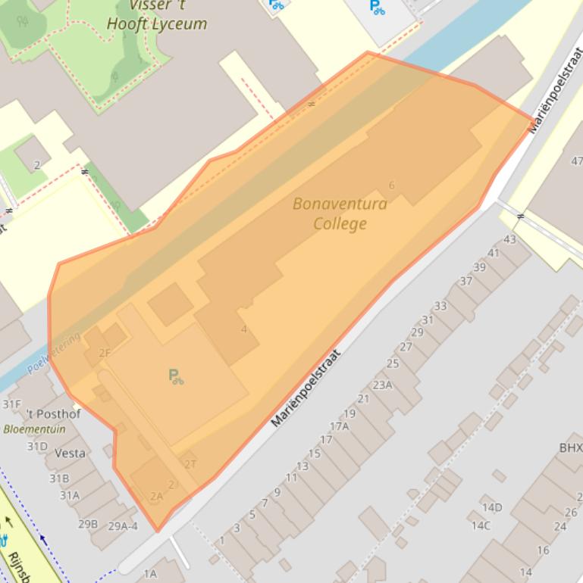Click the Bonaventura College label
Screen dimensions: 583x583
point(340,214)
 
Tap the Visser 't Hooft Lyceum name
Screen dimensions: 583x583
point(157,14)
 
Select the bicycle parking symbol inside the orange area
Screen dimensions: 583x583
point(176,376)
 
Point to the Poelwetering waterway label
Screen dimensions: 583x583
point(53,354)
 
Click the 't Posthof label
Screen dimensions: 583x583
point(53,414)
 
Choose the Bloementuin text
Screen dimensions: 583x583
point(34,429)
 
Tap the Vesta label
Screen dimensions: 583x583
point(70,453)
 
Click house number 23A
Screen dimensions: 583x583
point(382,385)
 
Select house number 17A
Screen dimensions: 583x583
point(339,426)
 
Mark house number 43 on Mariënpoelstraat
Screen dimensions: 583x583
point(509,239)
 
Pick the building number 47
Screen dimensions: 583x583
point(577,161)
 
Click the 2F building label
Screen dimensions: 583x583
point(105,353)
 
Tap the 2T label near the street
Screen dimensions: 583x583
point(190,464)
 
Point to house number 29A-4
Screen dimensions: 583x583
point(123,526)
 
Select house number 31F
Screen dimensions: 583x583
point(12,404)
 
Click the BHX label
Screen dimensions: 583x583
point(570,448)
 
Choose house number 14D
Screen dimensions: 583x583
point(491,507)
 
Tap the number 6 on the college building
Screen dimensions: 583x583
point(392,185)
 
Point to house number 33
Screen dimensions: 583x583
point(440,306)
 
